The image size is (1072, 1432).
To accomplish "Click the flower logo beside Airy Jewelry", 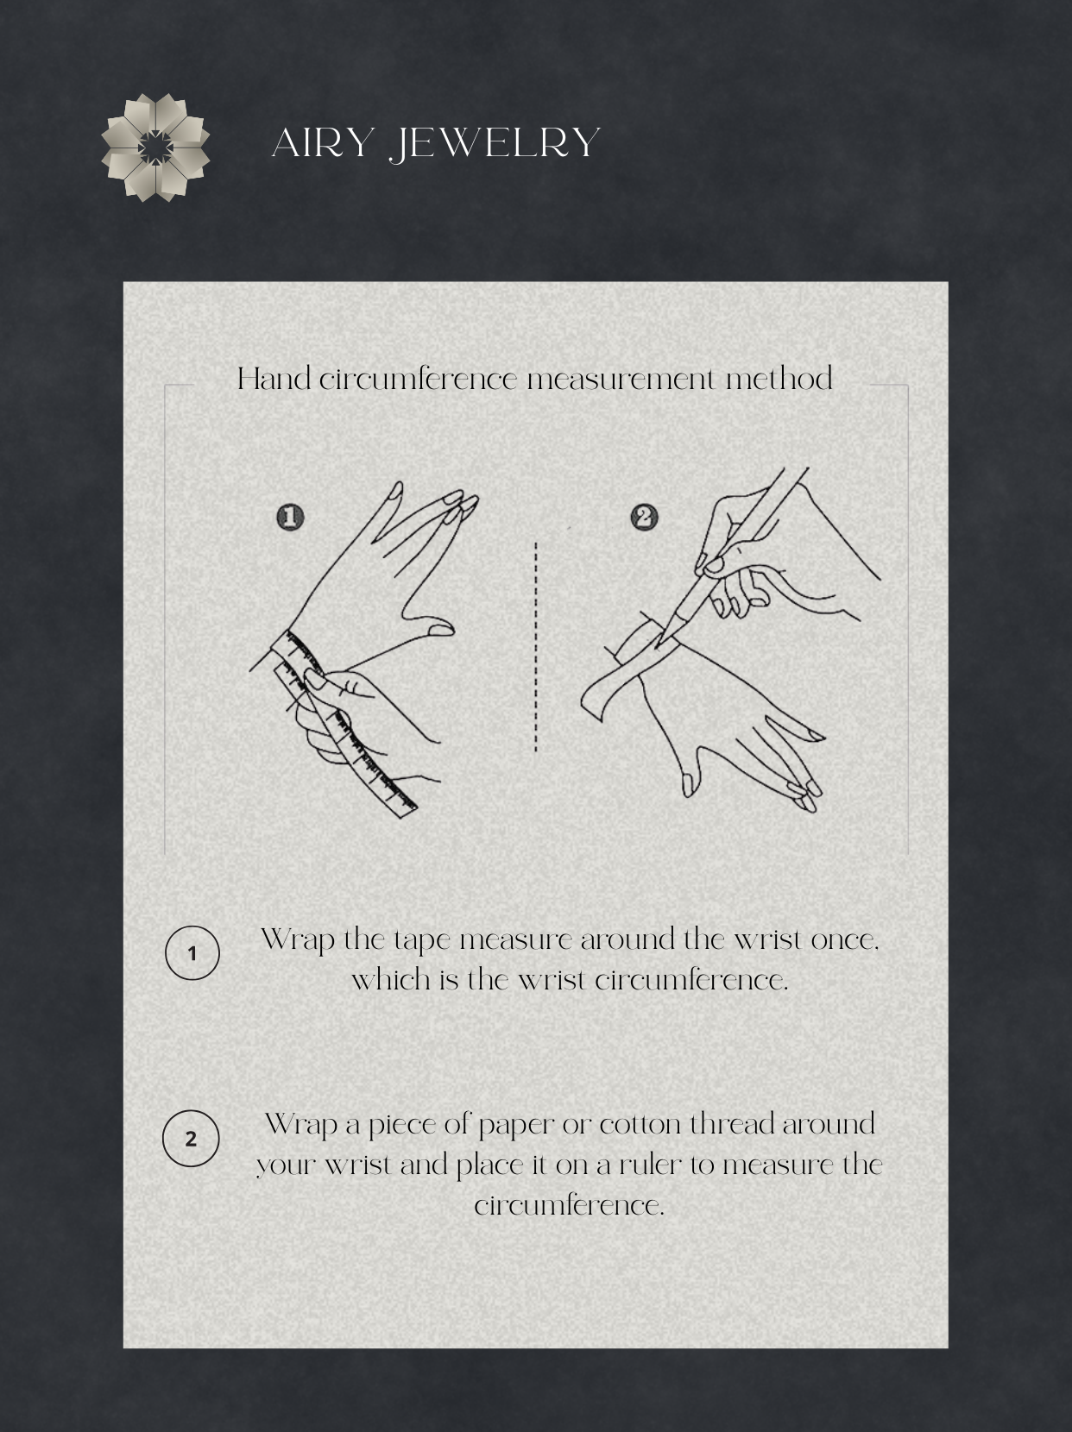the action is click(155, 148).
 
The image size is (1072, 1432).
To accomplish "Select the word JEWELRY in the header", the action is click(494, 143).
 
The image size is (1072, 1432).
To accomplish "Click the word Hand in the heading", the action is click(274, 379).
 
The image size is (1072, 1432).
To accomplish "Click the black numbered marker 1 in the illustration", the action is click(290, 518).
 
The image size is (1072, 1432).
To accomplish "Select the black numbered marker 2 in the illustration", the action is click(644, 518).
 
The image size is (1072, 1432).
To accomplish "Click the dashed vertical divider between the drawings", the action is click(536, 646).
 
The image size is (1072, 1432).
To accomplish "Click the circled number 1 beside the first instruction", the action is click(192, 953).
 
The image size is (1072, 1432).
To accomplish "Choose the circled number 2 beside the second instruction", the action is click(191, 1139).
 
